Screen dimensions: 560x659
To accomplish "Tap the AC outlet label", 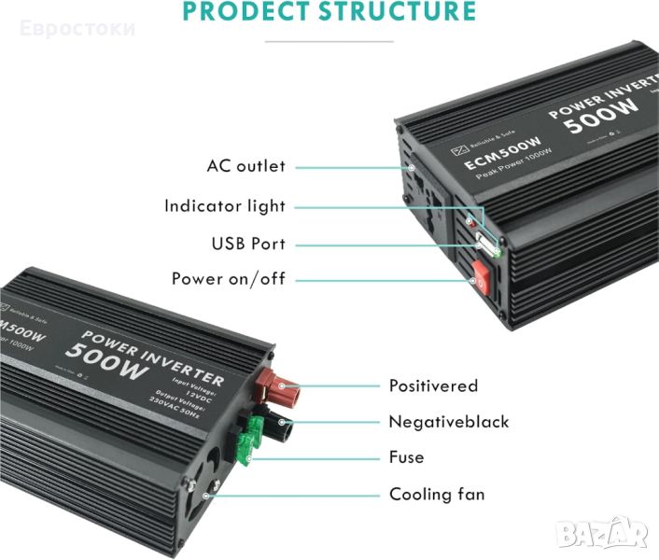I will click(x=246, y=166).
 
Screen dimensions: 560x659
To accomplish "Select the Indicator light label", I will click(x=225, y=206).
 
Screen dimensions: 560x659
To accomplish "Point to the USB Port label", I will click(x=248, y=245).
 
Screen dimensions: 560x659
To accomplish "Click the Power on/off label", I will click(x=229, y=279).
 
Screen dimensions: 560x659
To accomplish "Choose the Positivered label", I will click(x=433, y=385).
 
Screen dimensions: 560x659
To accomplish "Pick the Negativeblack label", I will click(x=449, y=422).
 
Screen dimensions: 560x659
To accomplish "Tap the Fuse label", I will click(x=406, y=457).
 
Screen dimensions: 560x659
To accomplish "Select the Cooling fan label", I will click(x=437, y=495).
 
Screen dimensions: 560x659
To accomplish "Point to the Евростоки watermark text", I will click(x=79, y=27).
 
